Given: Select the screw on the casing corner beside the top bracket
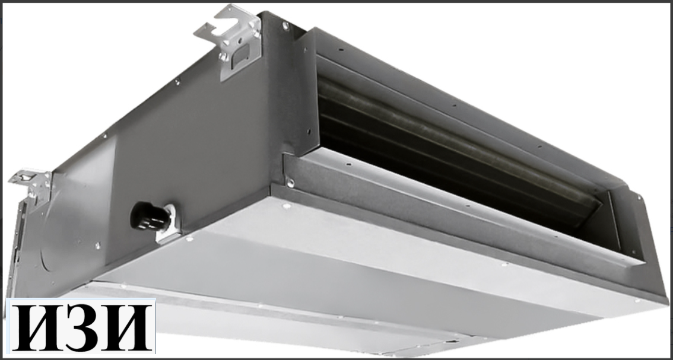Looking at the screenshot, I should point(285,26).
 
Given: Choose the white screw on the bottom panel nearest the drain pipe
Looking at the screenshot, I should point(189,239).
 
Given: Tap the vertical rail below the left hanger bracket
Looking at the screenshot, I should point(21,237).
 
